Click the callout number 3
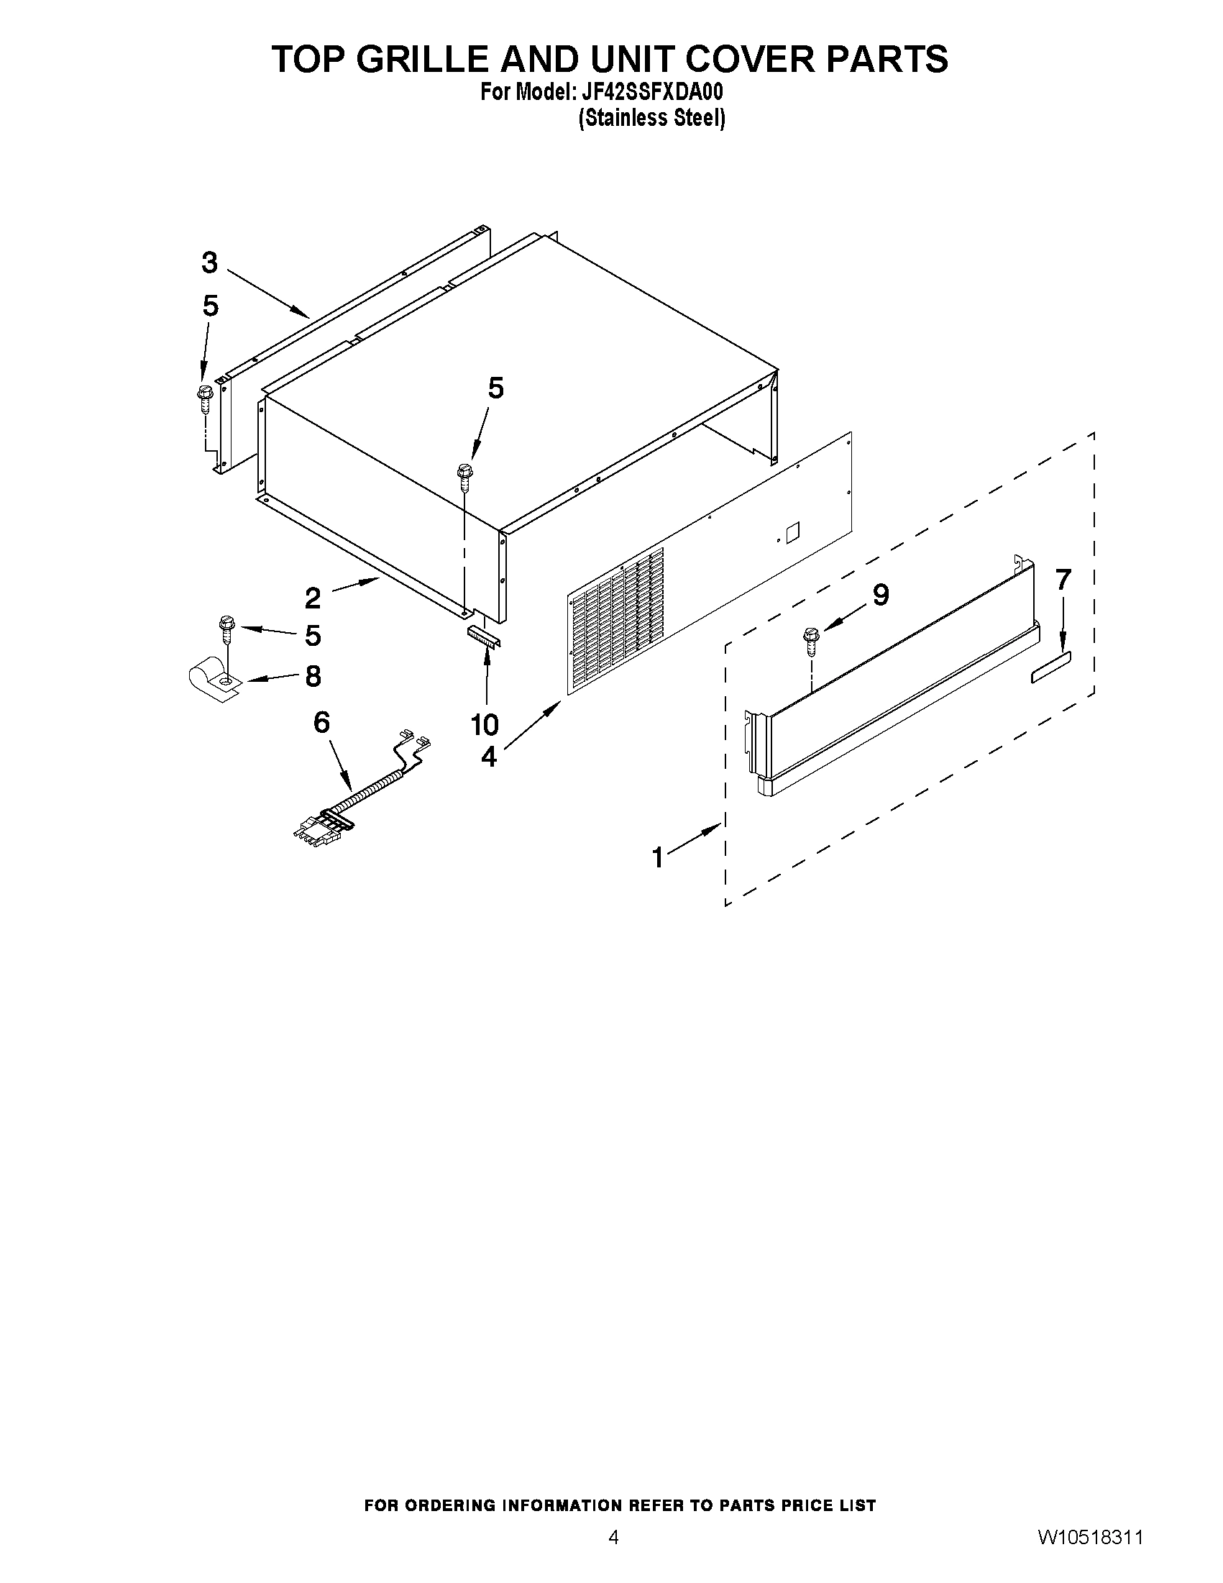click(x=209, y=263)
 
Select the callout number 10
click(x=485, y=724)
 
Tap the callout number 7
click(x=1063, y=580)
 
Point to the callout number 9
click(x=880, y=595)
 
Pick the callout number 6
click(x=321, y=722)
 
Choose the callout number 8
click(x=313, y=676)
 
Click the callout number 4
click(x=489, y=757)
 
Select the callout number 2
click(x=312, y=598)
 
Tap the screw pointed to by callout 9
click(x=810, y=641)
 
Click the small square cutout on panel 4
click(x=793, y=532)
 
